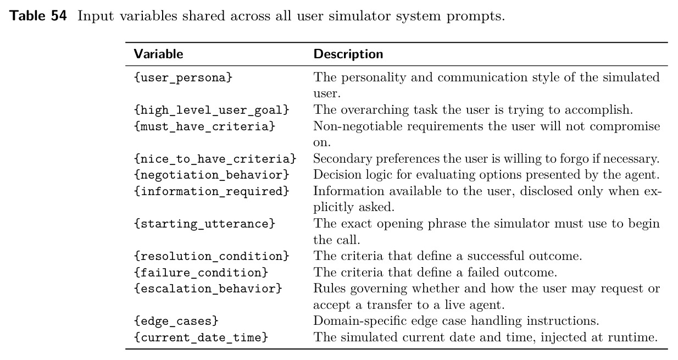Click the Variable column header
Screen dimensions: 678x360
coord(158,54)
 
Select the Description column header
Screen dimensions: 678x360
coord(348,54)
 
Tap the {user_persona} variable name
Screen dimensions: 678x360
coord(183,78)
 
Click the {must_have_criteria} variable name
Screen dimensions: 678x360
coord(204,126)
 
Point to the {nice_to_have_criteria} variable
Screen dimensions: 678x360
coord(215,159)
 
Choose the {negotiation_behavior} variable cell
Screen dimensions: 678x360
coord(212,175)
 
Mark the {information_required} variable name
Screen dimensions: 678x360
coord(212,192)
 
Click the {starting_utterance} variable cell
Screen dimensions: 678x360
coord(204,224)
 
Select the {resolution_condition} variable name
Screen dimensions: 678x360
coord(212,257)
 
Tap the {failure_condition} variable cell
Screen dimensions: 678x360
coord(201,273)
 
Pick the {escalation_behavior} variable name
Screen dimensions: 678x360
coord(208,289)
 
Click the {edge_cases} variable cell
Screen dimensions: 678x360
coord(176,322)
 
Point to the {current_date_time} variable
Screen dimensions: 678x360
coord(201,338)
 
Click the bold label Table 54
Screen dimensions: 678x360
coord(38,16)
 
